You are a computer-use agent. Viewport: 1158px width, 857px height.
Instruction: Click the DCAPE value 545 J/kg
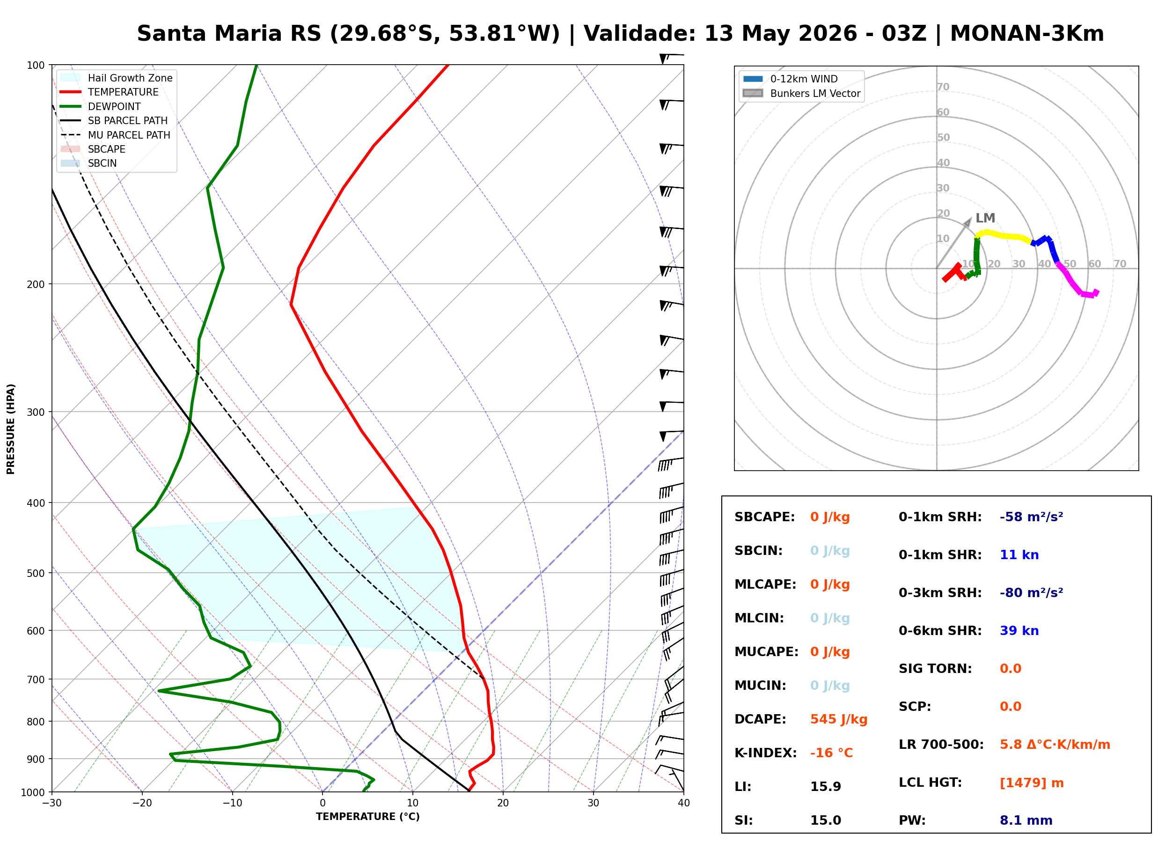pyautogui.click(x=838, y=719)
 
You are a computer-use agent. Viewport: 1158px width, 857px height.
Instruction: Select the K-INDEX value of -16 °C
pyautogui.click(x=831, y=753)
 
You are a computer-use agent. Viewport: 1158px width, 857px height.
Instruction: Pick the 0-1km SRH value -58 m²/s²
pyautogui.click(x=1031, y=517)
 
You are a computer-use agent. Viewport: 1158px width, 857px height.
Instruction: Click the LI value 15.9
pyautogui.click(x=825, y=786)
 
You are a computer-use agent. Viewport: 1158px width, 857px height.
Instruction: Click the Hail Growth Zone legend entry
pyautogui.click(x=117, y=78)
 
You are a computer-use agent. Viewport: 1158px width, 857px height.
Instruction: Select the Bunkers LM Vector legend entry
pyautogui.click(x=801, y=93)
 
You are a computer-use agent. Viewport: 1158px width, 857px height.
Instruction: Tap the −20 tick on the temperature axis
pyautogui.click(x=141, y=803)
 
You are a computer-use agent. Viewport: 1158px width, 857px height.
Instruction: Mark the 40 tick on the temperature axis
pyautogui.click(x=683, y=803)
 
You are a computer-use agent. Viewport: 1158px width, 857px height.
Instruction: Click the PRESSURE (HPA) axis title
pyautogui.click(x=11, y=429)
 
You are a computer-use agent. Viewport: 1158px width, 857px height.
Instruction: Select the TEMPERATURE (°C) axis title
pyautogui.click(x=367, y=817)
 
